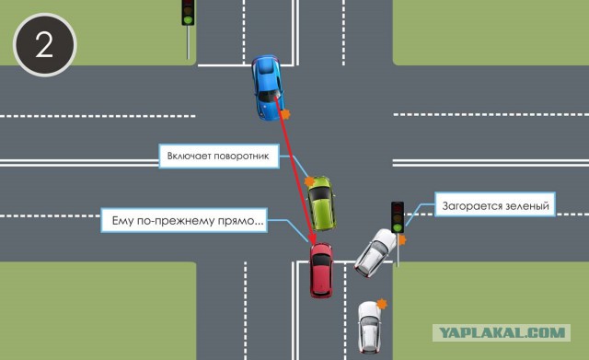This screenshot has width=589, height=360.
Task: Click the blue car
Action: click(268, 88)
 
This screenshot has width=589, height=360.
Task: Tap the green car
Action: click(321, 203)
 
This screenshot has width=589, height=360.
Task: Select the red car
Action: click(321, 270)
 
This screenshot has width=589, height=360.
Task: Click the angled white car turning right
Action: click(375, 252)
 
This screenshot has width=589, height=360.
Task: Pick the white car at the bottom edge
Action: click(369, 327)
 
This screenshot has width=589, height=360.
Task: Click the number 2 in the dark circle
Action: click(44, 45)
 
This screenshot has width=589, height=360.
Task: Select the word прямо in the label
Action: click(246, 221)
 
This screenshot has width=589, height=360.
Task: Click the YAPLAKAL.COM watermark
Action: click(502, 333)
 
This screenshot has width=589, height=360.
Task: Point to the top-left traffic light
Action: click(188, 13)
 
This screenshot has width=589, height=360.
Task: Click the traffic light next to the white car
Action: click(398, 218)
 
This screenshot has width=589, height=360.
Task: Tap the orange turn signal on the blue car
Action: click(285, 114)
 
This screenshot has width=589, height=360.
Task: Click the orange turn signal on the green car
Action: click(309, 182)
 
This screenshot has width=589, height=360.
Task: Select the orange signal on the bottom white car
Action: click(382, 304)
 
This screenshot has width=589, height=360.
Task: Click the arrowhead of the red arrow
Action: click(311, 238)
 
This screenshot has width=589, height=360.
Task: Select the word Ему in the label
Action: click(123, 221)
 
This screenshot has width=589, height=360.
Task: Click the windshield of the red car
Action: click(321, 260)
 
